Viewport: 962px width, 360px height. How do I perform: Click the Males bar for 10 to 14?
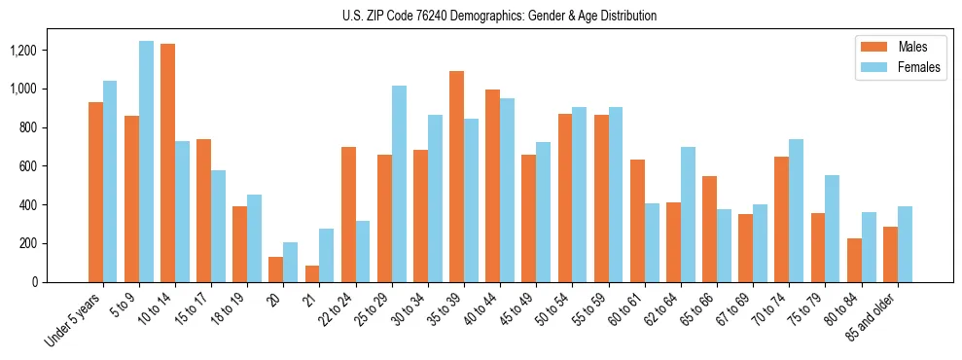tap(167, 162)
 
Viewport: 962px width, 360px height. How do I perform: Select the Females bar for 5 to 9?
tap(146, 162)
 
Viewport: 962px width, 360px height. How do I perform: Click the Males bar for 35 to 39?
tap(456, 176)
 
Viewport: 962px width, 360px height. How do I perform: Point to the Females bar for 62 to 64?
tap(688, 214)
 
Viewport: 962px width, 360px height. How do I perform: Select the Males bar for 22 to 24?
tap(348, 214)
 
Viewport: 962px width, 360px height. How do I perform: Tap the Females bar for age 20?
tap(290, 262)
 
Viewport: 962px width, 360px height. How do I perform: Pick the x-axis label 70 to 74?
tap(771, 307)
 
